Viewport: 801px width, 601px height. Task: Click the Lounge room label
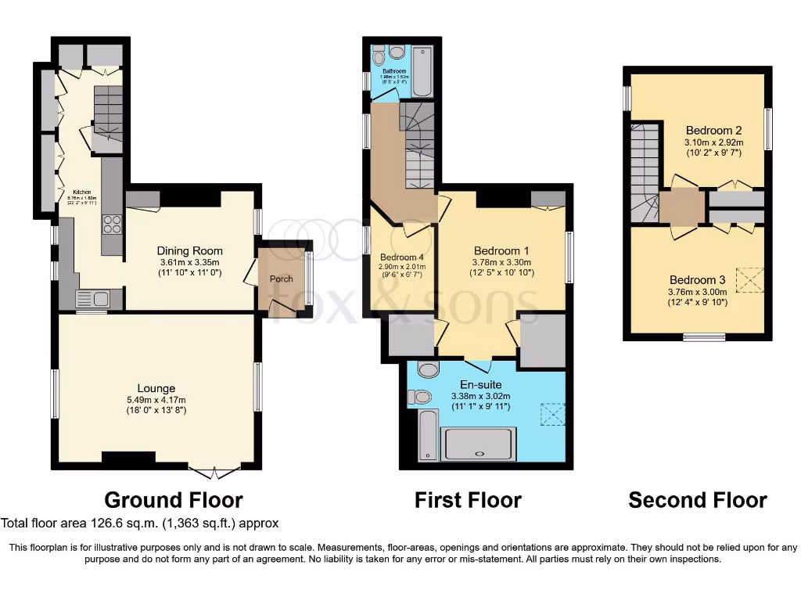tap(156, 388)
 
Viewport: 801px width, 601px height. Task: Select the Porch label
tap(281, 279)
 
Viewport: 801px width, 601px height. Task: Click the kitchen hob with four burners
tap(112, 224)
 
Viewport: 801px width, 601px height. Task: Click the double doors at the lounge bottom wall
tap(214, 472)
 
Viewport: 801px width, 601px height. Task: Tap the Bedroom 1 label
tap(501, 250)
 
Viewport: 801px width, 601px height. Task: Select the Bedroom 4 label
tap(402, 257)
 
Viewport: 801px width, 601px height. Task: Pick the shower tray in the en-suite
tap(479, 444)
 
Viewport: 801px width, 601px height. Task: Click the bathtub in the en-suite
tap(428, 435)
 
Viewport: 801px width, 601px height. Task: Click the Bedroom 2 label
tap(713, 130)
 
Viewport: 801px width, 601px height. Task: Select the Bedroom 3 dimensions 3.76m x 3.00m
tap(698, 293)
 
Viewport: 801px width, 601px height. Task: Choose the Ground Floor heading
tap(174, 500)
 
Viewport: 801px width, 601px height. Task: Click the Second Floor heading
tap(698, 500)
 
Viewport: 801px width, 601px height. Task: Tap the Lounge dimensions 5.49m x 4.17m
tap(156, 400)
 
